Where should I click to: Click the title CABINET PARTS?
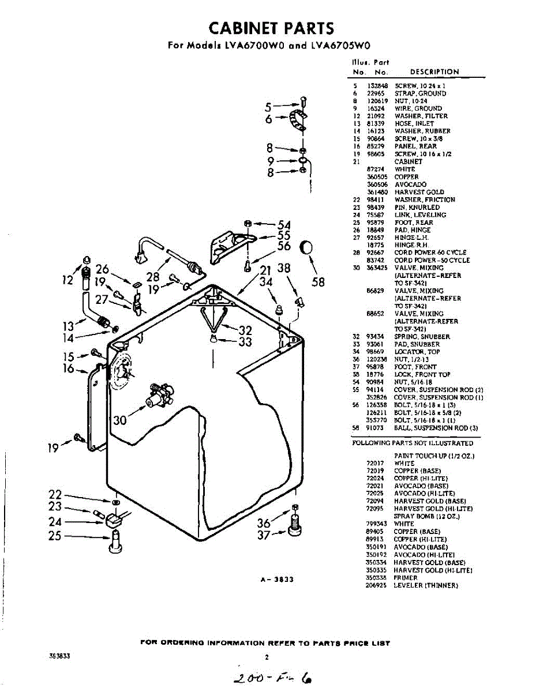tap(271, 28)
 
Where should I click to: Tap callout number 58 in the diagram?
tap(318, 282)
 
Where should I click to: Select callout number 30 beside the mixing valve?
tap(119, 420)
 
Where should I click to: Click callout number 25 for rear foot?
tap(55, 536)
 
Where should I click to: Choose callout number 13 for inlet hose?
tap(69, 327)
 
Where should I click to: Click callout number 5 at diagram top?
tap(268, 107)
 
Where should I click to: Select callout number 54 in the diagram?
tap(284, 224)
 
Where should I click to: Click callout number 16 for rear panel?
tap(69, 368)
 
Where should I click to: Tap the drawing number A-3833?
tap(278, 580)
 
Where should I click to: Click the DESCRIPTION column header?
tap(434, 72)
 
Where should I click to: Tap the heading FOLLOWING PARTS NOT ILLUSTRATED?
tap(413, 443)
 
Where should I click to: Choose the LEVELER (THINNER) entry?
tap(426, 585)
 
